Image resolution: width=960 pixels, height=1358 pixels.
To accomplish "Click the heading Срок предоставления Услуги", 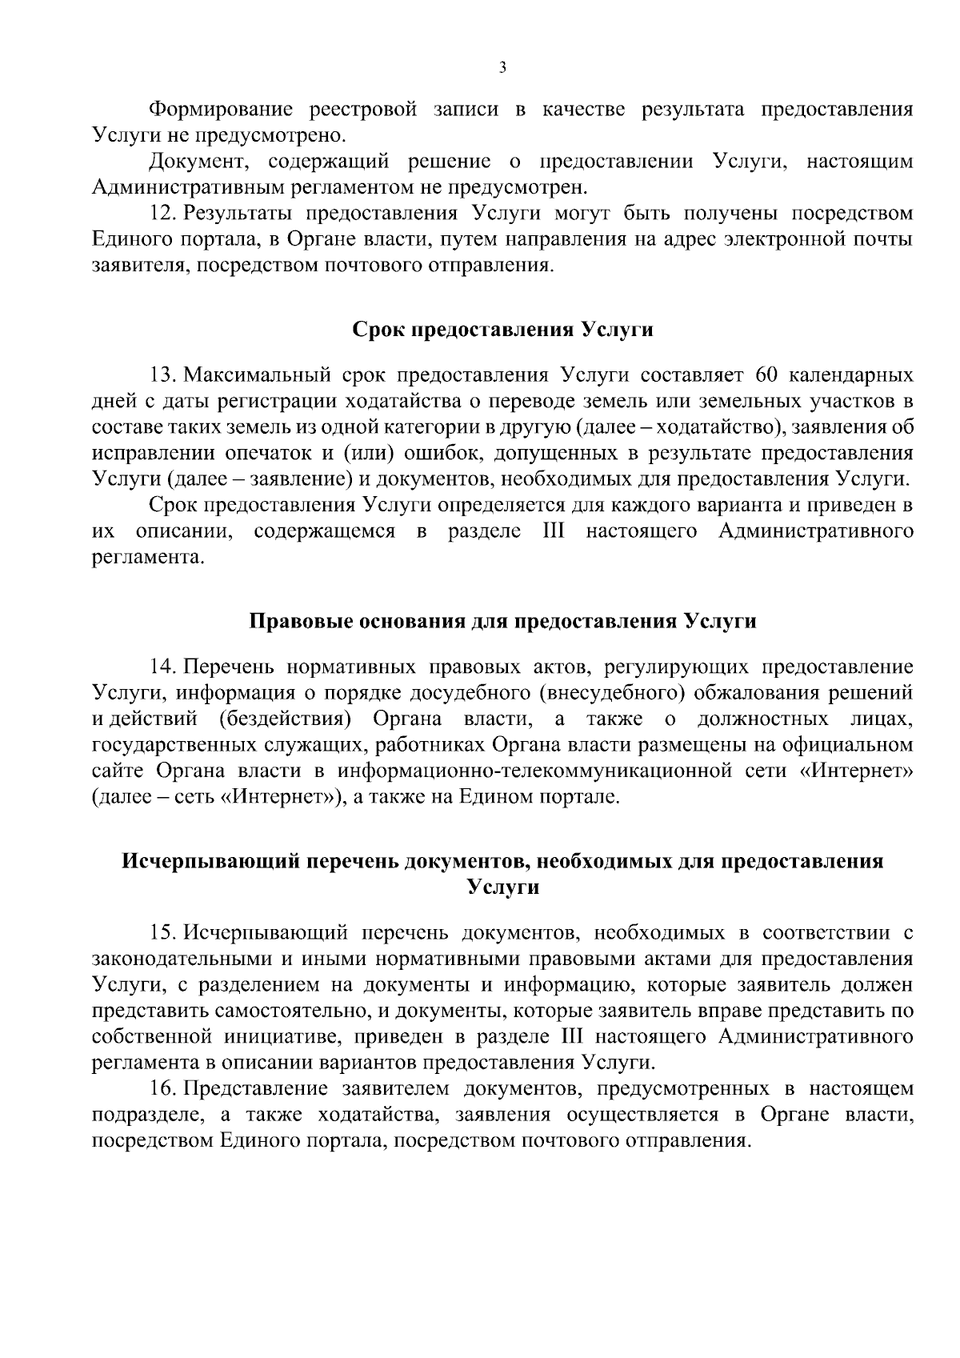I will (x=503, y=330).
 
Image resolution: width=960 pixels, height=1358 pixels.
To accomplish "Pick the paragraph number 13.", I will (x=162, y=375).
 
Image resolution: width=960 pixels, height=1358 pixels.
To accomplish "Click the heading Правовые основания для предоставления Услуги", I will (x=503, y=622).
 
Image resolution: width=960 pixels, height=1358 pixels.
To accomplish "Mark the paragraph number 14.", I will (x=162, y=667).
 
